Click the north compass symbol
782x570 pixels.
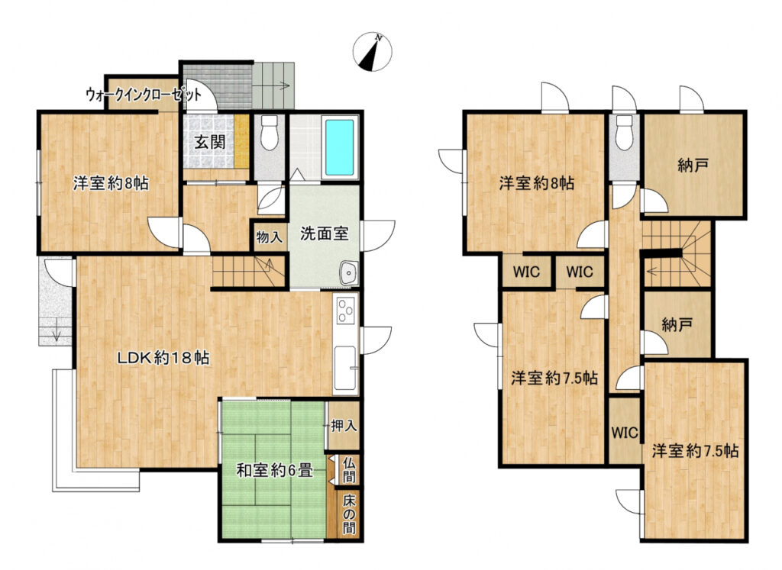pyautogui.click(x=373, y=52)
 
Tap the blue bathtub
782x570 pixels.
pyautogui.click(x=340, y=147)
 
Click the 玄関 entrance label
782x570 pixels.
pyautogui.click(x=209, y=143)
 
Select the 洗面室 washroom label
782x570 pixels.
pyautogui.click(x=324, y=233)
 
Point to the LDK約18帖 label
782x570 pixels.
pyautogui.click(x=163, y=357)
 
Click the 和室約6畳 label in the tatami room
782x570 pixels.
pyautogui.click(x=274, y=470)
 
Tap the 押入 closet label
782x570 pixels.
pyautogui.click(x=344, y=426)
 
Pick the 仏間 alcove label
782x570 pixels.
pyautogui.click(x=349, y=470)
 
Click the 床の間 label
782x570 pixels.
pyautogui.click(x=349, y=514)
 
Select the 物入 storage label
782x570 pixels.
pyautogui.click(x=270, y=237)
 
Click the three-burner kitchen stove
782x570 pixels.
pyautogui.click(x=346, y=311)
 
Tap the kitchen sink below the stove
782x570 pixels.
pyautogui.click(x=346, y=369)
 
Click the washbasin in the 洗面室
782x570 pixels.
pyautogui.click(x=348, y=273)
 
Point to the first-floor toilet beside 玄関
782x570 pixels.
pyautogui.click(x=270, y=133)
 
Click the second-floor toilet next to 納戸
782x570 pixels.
pyautogui.click(x=623, y=132)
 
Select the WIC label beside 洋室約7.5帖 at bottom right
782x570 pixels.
pyautogui.click(x=625, y=433)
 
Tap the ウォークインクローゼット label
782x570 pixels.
pyautogui.click(x=144, y=95)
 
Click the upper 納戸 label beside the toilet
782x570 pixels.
pyautogui.click(x=693, y=165)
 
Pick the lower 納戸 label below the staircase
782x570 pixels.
pyautogui.click(x=677, y=325)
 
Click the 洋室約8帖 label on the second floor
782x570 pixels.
pyautogui.click(x=537, y=183)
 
